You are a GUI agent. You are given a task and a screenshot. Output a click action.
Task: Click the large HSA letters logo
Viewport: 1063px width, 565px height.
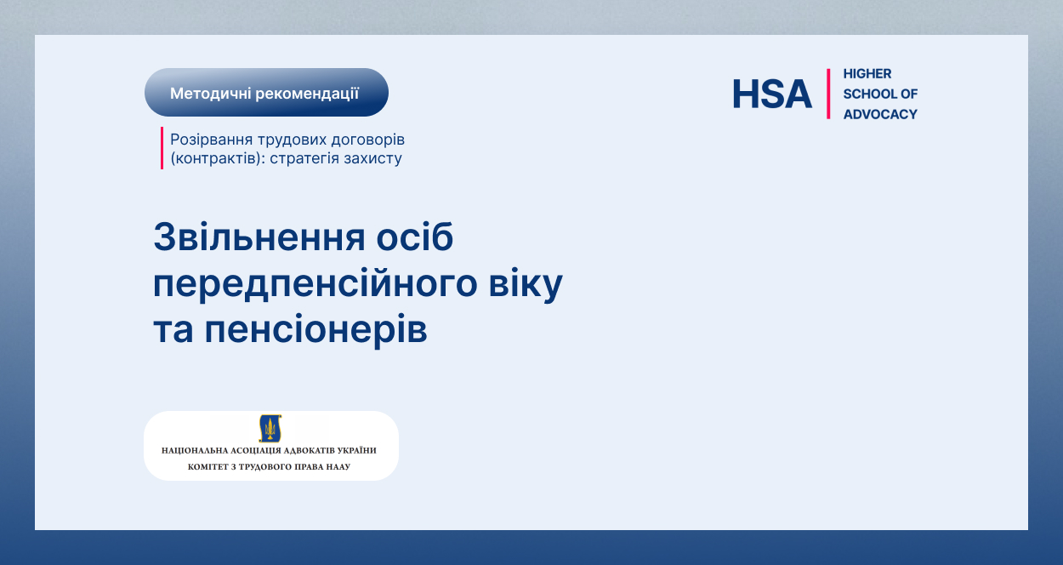(x=772, y=94)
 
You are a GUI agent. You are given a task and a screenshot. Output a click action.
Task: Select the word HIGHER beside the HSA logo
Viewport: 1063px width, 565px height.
(x=867, y=73)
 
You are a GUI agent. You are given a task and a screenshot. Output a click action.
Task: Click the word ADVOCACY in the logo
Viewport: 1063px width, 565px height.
(x=880, y=114)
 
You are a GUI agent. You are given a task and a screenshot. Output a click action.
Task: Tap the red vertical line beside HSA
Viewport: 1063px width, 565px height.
(x=828, y=94)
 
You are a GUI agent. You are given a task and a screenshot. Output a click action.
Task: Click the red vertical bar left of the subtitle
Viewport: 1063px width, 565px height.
(x=162, y=148)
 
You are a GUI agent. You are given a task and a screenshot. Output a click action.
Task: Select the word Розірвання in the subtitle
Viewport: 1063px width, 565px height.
(x=212, y=140)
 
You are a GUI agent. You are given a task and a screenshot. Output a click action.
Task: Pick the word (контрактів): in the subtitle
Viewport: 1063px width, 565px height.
(x=218, y=158)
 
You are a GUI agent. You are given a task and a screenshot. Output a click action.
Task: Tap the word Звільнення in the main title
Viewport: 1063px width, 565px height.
(x=259, y=237)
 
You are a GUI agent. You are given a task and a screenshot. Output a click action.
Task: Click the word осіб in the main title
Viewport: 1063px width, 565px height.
(x=415, y=236)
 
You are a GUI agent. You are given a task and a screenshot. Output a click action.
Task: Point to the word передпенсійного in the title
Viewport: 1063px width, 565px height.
(x=315, y=283)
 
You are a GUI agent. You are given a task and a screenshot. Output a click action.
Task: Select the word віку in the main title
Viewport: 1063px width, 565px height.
(x=526, y=283)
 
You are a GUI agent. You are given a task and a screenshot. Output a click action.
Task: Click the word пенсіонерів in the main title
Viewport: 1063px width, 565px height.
(x=315, y=328)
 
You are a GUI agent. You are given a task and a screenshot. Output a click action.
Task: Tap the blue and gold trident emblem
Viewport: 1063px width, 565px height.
(x=270, y=428)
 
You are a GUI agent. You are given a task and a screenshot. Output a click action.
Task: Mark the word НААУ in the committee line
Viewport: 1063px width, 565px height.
(x=340, y=466)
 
